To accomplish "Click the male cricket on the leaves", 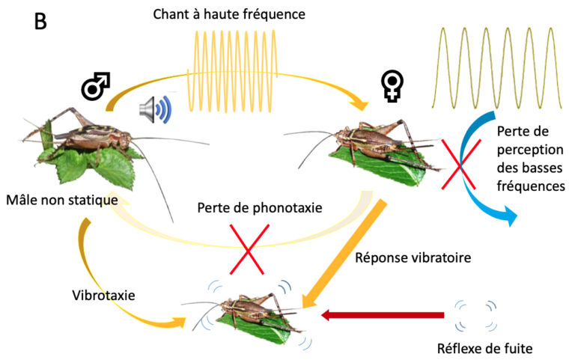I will tap(82, 146).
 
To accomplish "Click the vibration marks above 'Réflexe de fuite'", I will tap(475, 314).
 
